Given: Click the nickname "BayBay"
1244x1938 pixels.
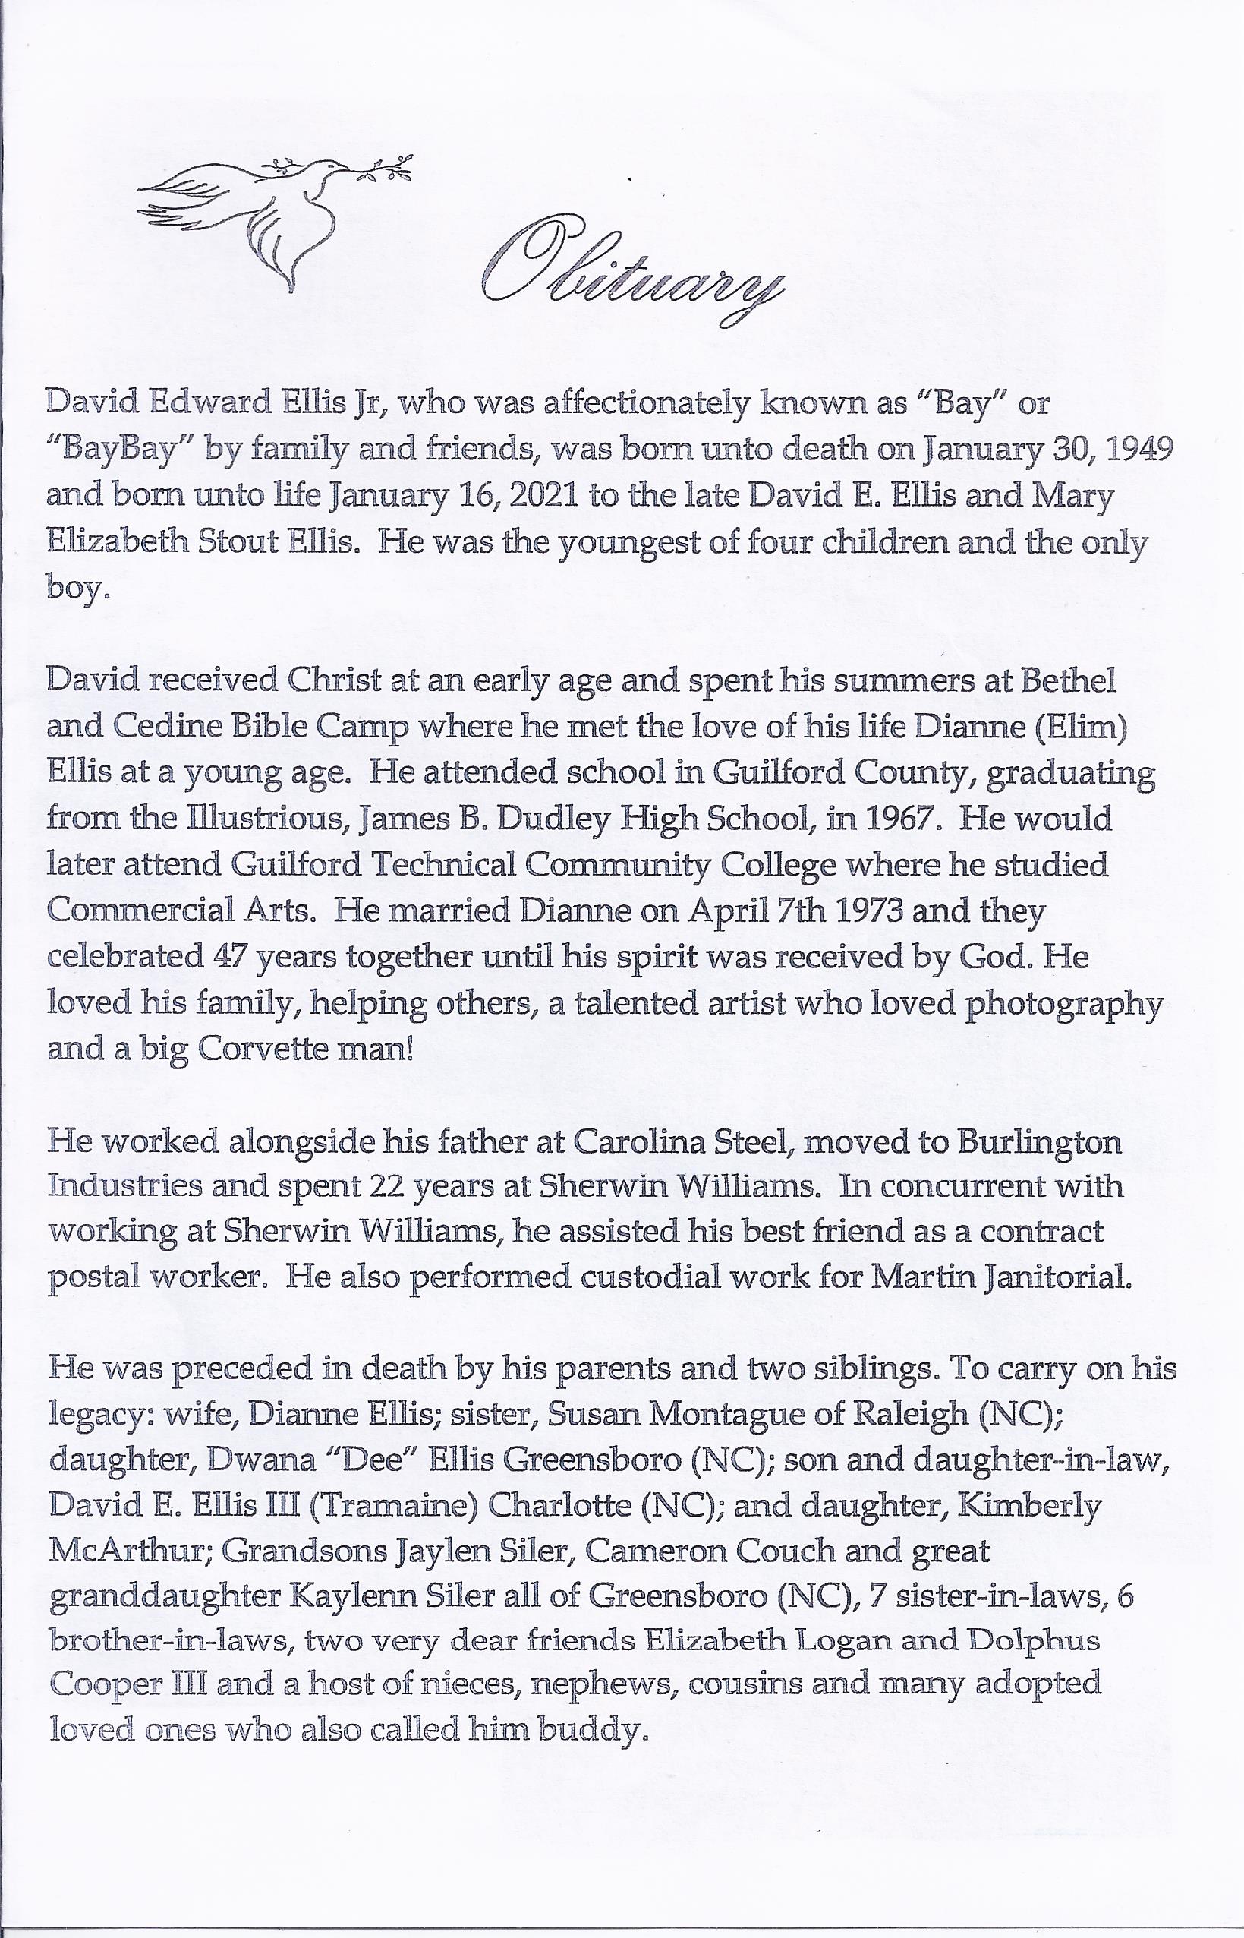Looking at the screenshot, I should coord(120,450).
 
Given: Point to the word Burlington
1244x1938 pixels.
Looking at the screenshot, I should coord(1039,1142).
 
